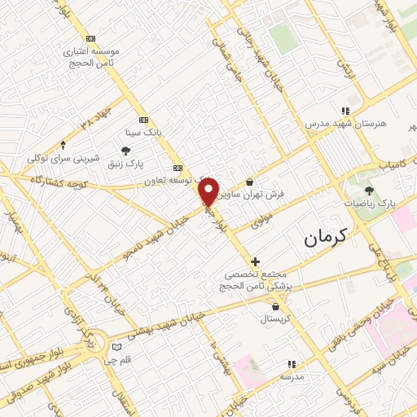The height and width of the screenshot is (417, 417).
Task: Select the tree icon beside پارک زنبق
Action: pos(125,150)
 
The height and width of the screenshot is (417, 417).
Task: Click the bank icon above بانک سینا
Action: pos(144,117)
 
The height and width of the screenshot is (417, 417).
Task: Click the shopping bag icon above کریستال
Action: pos(278,307)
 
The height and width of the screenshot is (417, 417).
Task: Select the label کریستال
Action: pos(278,320)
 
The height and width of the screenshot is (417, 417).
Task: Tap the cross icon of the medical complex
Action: pos(256,261)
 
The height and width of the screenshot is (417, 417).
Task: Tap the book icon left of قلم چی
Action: pos(116,348)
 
